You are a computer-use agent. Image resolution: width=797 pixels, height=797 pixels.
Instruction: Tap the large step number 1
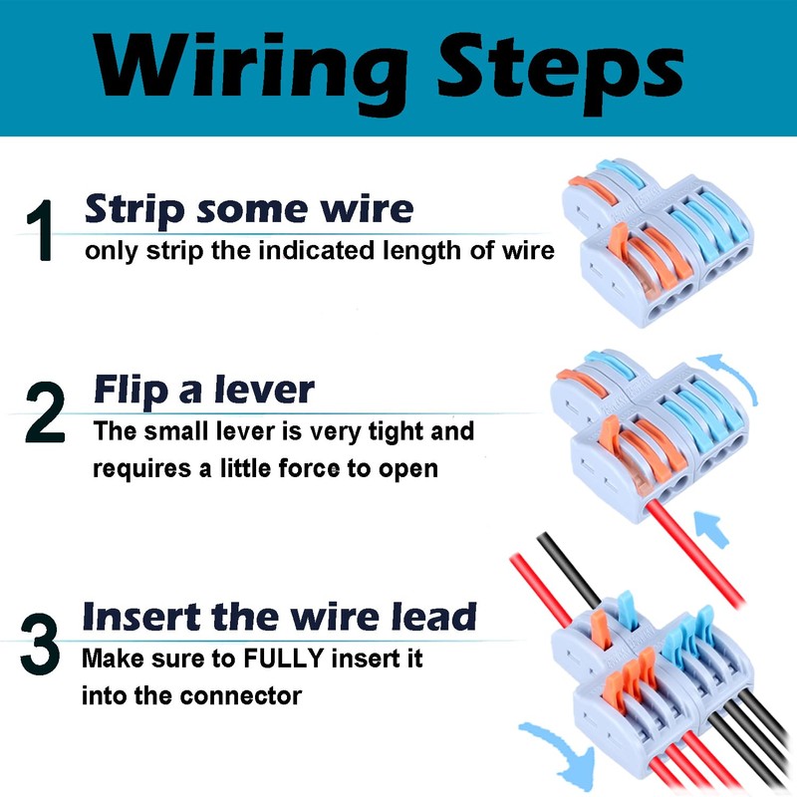(x=41, y=230)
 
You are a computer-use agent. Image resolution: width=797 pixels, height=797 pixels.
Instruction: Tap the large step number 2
(x=45, y=412)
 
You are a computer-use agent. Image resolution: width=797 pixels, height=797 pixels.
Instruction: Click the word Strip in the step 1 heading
(x=134, y=209)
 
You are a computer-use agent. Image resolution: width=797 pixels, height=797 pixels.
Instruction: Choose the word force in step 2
(x=310, y=468)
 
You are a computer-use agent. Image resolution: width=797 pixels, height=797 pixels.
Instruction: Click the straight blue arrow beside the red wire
(x=712, y=529)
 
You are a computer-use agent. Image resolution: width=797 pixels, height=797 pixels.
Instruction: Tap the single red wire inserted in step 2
(x=695, y=553)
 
